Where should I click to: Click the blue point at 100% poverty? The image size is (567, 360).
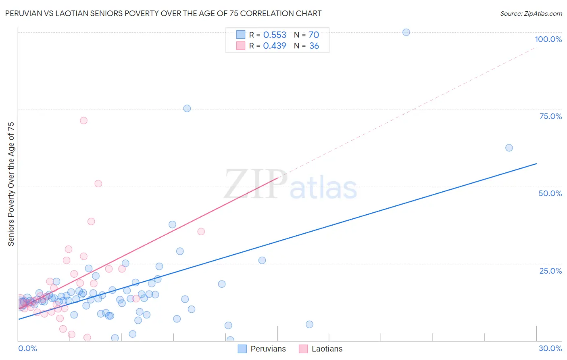click(x=406, y=32)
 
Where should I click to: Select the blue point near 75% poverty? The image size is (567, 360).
click(x=187, y=109)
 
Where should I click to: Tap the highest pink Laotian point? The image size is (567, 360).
click(x=83, y=120)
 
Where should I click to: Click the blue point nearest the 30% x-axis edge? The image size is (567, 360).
click(x=509, y=148)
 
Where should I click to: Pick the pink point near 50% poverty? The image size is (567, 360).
click(x=98, y=184)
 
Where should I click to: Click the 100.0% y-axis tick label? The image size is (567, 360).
click(x=548, y=39)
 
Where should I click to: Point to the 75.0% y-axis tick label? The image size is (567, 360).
click(x=550, y=116)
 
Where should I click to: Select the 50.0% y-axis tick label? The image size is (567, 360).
click(x=550, y=193)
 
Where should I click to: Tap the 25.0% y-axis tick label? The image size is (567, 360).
click(x=550, y=271)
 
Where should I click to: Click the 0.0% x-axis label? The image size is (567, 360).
click(x=27, y=348)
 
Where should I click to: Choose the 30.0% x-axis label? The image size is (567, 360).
click(x=550, y=348)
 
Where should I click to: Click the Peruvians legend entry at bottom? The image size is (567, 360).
click(x=262, y=349)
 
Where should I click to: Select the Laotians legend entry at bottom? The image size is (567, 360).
click(x=321, y=349)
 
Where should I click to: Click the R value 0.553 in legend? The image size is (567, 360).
click(x=275, y=35)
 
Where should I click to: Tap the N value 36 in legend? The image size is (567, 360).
click(x=314, y=46)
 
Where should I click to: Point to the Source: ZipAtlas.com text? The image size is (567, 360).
click(x=531, y=13)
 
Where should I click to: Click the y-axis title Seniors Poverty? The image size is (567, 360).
click(x=11, y=184)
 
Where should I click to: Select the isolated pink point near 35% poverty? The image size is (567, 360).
click(x=201, y=232)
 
